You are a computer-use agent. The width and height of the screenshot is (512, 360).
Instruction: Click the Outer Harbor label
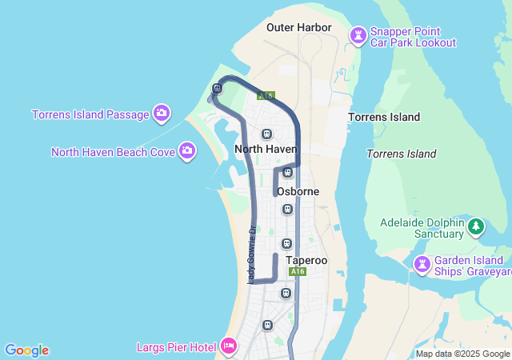[x=298, y=27]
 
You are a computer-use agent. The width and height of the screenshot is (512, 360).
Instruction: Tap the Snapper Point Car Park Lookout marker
[x=358, y=35]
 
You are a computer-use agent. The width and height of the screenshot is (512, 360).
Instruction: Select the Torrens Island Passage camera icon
[x=162, y=114]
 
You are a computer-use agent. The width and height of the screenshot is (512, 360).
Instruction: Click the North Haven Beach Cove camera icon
[x=187, y=150]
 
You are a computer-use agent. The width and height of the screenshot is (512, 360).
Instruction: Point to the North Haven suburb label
[x=266, y=149]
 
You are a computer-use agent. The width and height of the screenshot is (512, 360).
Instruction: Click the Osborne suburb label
[x=298, y=192]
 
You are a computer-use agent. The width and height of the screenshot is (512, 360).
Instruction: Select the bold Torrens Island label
[x=384, y=117]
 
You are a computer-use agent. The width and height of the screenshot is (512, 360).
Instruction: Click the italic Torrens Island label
[x=402, y=154]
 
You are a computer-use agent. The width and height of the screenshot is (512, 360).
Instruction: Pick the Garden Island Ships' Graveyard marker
[x=422, y=263]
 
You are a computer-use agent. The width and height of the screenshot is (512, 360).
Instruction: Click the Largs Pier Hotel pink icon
[x=228, y=346]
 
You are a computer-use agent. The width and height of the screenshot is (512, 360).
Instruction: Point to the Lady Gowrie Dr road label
[x=251, y=254]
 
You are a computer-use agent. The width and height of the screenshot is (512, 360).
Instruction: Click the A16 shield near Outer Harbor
[x=266, y=96]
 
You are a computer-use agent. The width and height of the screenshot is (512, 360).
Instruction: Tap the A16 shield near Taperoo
[x=298, y=272]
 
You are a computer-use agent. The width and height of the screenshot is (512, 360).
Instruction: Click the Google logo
[x=26, y=350]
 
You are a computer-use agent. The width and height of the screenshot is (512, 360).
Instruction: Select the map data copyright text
[x=462, y=354]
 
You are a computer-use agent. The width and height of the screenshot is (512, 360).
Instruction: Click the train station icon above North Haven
[x=266, y=134]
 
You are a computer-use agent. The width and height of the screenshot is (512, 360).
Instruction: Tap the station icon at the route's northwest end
[x=217, y=88]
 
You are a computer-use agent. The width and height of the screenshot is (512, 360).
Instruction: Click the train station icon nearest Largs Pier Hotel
[x=267, y=326]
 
